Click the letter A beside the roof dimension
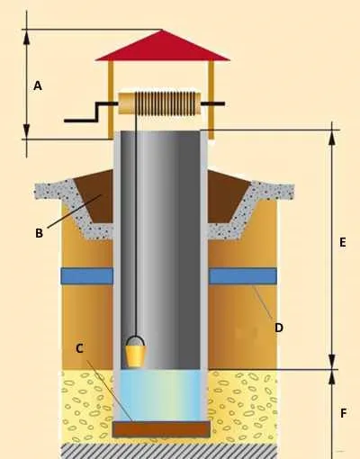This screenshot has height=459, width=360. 38,85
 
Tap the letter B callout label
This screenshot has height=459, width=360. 39,233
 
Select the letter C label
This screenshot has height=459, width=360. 79,348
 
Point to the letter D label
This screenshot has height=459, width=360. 279,328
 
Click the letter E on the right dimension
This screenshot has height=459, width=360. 343,242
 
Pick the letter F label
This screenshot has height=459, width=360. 344,414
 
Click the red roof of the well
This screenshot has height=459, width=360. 163,46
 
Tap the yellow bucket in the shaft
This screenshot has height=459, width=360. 135,355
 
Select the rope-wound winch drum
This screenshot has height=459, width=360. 159,103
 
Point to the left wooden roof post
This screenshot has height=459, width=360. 111,100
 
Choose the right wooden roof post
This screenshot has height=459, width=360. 211,100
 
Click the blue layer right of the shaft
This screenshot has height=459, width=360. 242,276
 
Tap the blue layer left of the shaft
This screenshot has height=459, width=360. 87,276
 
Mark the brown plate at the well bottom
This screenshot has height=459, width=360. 161,429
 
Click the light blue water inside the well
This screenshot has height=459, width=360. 160,395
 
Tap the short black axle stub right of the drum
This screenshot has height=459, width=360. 212,103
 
